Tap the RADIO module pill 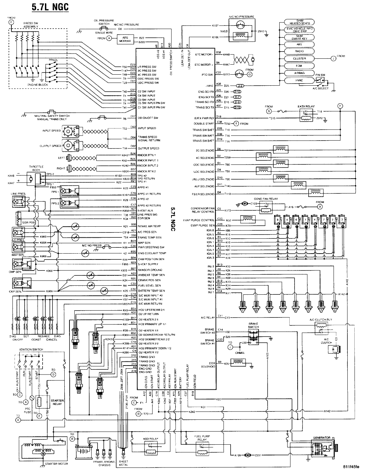299,51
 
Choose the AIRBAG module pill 299,73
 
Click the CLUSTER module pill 299,59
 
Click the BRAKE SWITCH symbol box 254,335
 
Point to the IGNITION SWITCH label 31,349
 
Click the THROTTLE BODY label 36,168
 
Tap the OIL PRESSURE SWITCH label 104,22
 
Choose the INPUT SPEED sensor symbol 66,131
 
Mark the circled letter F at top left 11,22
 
